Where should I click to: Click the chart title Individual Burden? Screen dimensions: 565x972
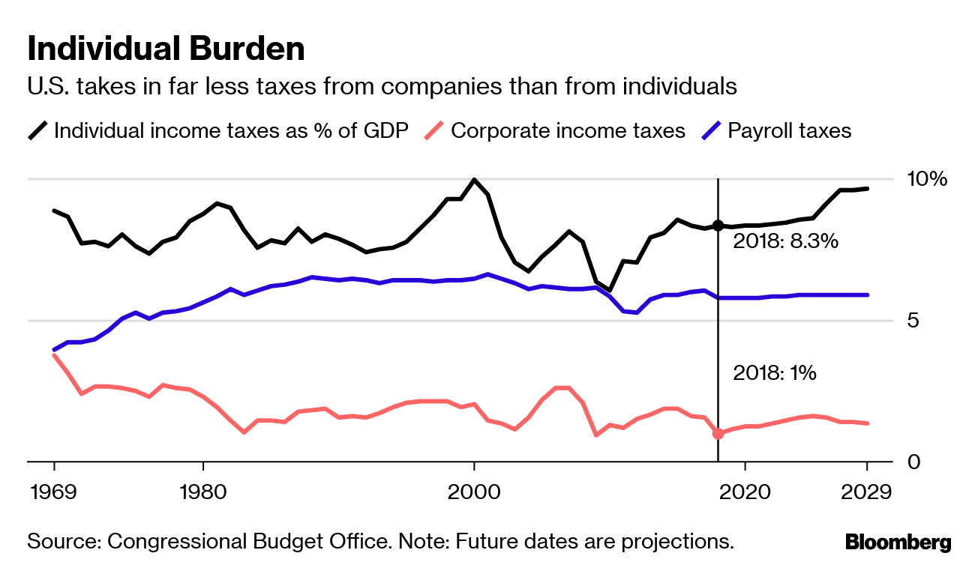pos(166,49)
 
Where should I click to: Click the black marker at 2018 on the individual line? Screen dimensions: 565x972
pos(718,226)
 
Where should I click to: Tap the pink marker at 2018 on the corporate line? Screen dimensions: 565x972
pos(718,433)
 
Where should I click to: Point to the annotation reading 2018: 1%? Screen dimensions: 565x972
pos(775,372)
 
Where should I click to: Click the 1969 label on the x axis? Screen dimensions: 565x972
pos(54,492)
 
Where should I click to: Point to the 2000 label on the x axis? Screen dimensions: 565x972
pos(473,492)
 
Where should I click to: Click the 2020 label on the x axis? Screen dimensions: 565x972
pos(744,492)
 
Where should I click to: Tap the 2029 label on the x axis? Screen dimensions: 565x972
pos(866,492)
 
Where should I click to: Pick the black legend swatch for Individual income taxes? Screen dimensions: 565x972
pos(38,131)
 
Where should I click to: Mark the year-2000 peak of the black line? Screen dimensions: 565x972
pos(473,180)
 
